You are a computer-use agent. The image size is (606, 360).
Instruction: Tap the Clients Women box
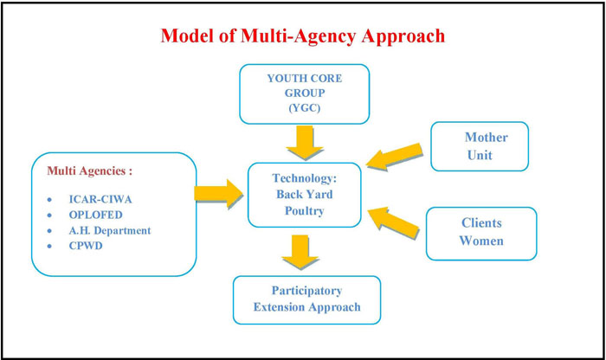pos(481,231)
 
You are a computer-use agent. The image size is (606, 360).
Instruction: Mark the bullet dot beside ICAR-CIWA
pos(54,200)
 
